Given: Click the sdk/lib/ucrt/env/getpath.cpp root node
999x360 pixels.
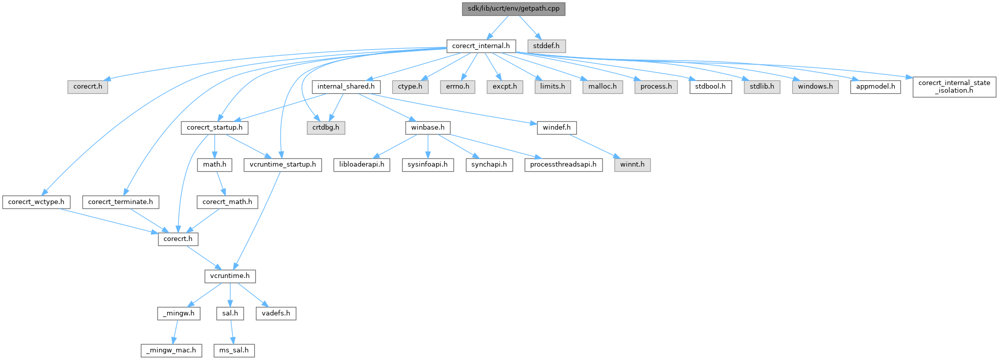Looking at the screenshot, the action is point(513,9).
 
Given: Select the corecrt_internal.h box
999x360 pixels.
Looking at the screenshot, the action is point(481,46).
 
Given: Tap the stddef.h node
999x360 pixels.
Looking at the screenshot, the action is point(546,46).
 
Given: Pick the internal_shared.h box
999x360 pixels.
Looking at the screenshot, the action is point(346,87).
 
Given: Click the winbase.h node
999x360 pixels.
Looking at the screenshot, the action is point(428,128).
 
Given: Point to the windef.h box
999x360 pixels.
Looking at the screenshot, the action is point(557,128).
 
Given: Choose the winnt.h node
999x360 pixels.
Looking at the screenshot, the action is point(632,165).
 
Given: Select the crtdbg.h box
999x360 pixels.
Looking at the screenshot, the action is point(326,128).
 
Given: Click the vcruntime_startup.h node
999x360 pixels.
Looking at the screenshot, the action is point(283,165).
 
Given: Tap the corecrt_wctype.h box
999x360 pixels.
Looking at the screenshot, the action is point(36,202).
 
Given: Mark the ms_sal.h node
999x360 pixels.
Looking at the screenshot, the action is point(234,350).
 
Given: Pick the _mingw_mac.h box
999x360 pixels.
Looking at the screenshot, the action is point(171,350).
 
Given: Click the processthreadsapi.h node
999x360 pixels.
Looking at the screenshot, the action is point(564,165).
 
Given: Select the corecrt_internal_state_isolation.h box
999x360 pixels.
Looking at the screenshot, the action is point(954,87).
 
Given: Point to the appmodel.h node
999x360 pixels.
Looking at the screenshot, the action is point(875,87).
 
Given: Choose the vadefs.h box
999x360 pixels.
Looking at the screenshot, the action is point(276,313).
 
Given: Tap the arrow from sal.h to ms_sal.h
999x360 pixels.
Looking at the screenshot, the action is point(232,332).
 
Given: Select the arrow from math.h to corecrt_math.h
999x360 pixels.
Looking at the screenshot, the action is point(220,183).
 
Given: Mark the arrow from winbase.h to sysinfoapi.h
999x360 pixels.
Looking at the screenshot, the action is point(428,146).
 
